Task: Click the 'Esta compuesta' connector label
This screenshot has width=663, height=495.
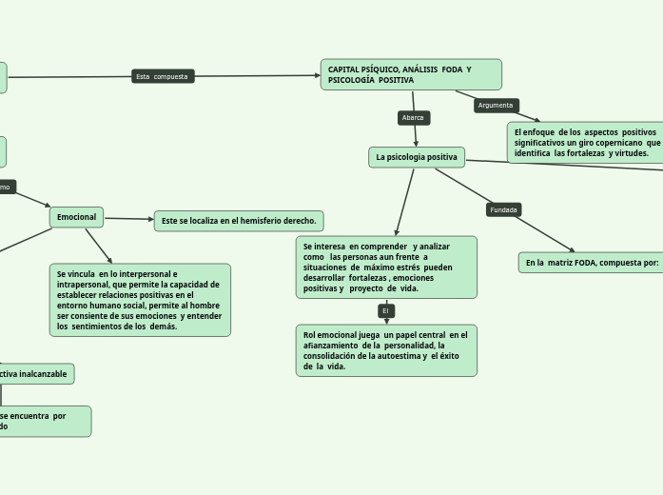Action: tap(163, 76)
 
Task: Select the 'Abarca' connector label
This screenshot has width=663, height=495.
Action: tap(413, 118)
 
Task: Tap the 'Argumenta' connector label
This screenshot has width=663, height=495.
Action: tap(496, 106)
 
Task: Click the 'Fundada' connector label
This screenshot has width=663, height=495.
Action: tap(504, 209)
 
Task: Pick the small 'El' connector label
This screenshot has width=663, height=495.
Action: tap(386, 311)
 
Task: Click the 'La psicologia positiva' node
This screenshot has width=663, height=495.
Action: tap(417, 157)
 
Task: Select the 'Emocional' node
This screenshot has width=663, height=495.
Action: tap(76, 217)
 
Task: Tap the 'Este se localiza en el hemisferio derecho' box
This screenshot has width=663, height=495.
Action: tap(239, 221)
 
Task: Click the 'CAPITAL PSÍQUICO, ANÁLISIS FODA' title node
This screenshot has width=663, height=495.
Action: tap(411, 74)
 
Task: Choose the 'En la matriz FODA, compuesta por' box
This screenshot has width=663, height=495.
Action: tap(591, 262)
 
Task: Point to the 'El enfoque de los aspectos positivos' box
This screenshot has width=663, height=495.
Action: tap(585, 142)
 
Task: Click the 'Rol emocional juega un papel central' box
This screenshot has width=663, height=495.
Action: tap(385, 350)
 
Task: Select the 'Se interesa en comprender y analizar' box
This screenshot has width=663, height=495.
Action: tap(385, 267)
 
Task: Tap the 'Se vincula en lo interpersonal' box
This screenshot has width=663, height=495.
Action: tap(140, 300)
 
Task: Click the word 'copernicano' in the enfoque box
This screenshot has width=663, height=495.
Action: tap(616, 142)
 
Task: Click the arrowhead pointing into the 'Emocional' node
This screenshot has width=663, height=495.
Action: tap(47, 206)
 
